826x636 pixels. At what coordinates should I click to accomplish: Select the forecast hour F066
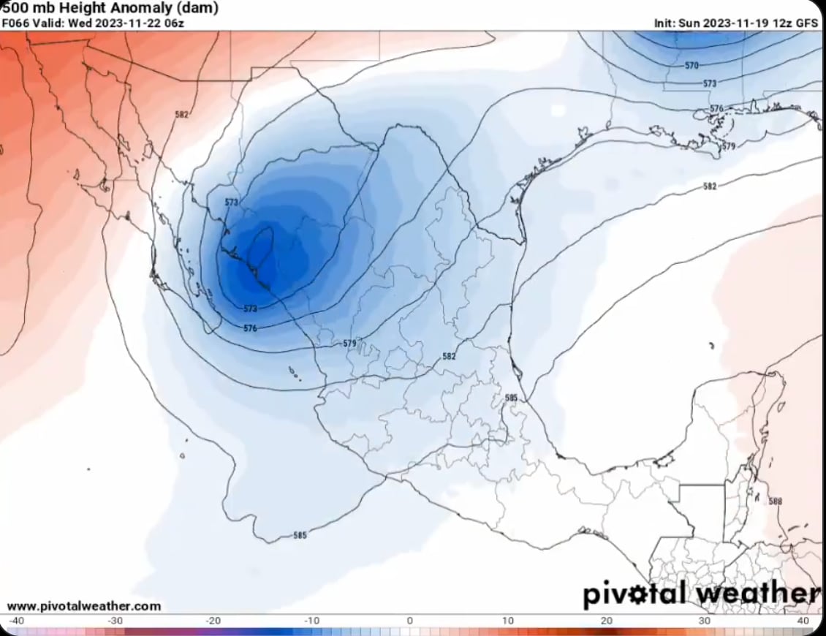coord(15,23)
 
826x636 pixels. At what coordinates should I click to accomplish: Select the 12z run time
coord(783,23)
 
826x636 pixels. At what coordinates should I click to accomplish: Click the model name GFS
coord(807,23)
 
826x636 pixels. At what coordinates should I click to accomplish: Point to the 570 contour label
coord(692,66)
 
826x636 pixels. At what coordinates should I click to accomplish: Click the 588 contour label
coord(776,501)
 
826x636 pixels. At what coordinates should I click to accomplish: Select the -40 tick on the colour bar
coord(17,621)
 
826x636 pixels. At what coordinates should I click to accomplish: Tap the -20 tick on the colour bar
coord(213,621)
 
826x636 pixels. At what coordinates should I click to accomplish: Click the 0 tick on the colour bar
coord(409,621)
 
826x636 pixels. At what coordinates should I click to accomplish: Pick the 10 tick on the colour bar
coord(508,621)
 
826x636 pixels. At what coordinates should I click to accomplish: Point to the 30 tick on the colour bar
coord(705,621)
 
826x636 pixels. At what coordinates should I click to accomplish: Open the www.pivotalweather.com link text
coord(83,606)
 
